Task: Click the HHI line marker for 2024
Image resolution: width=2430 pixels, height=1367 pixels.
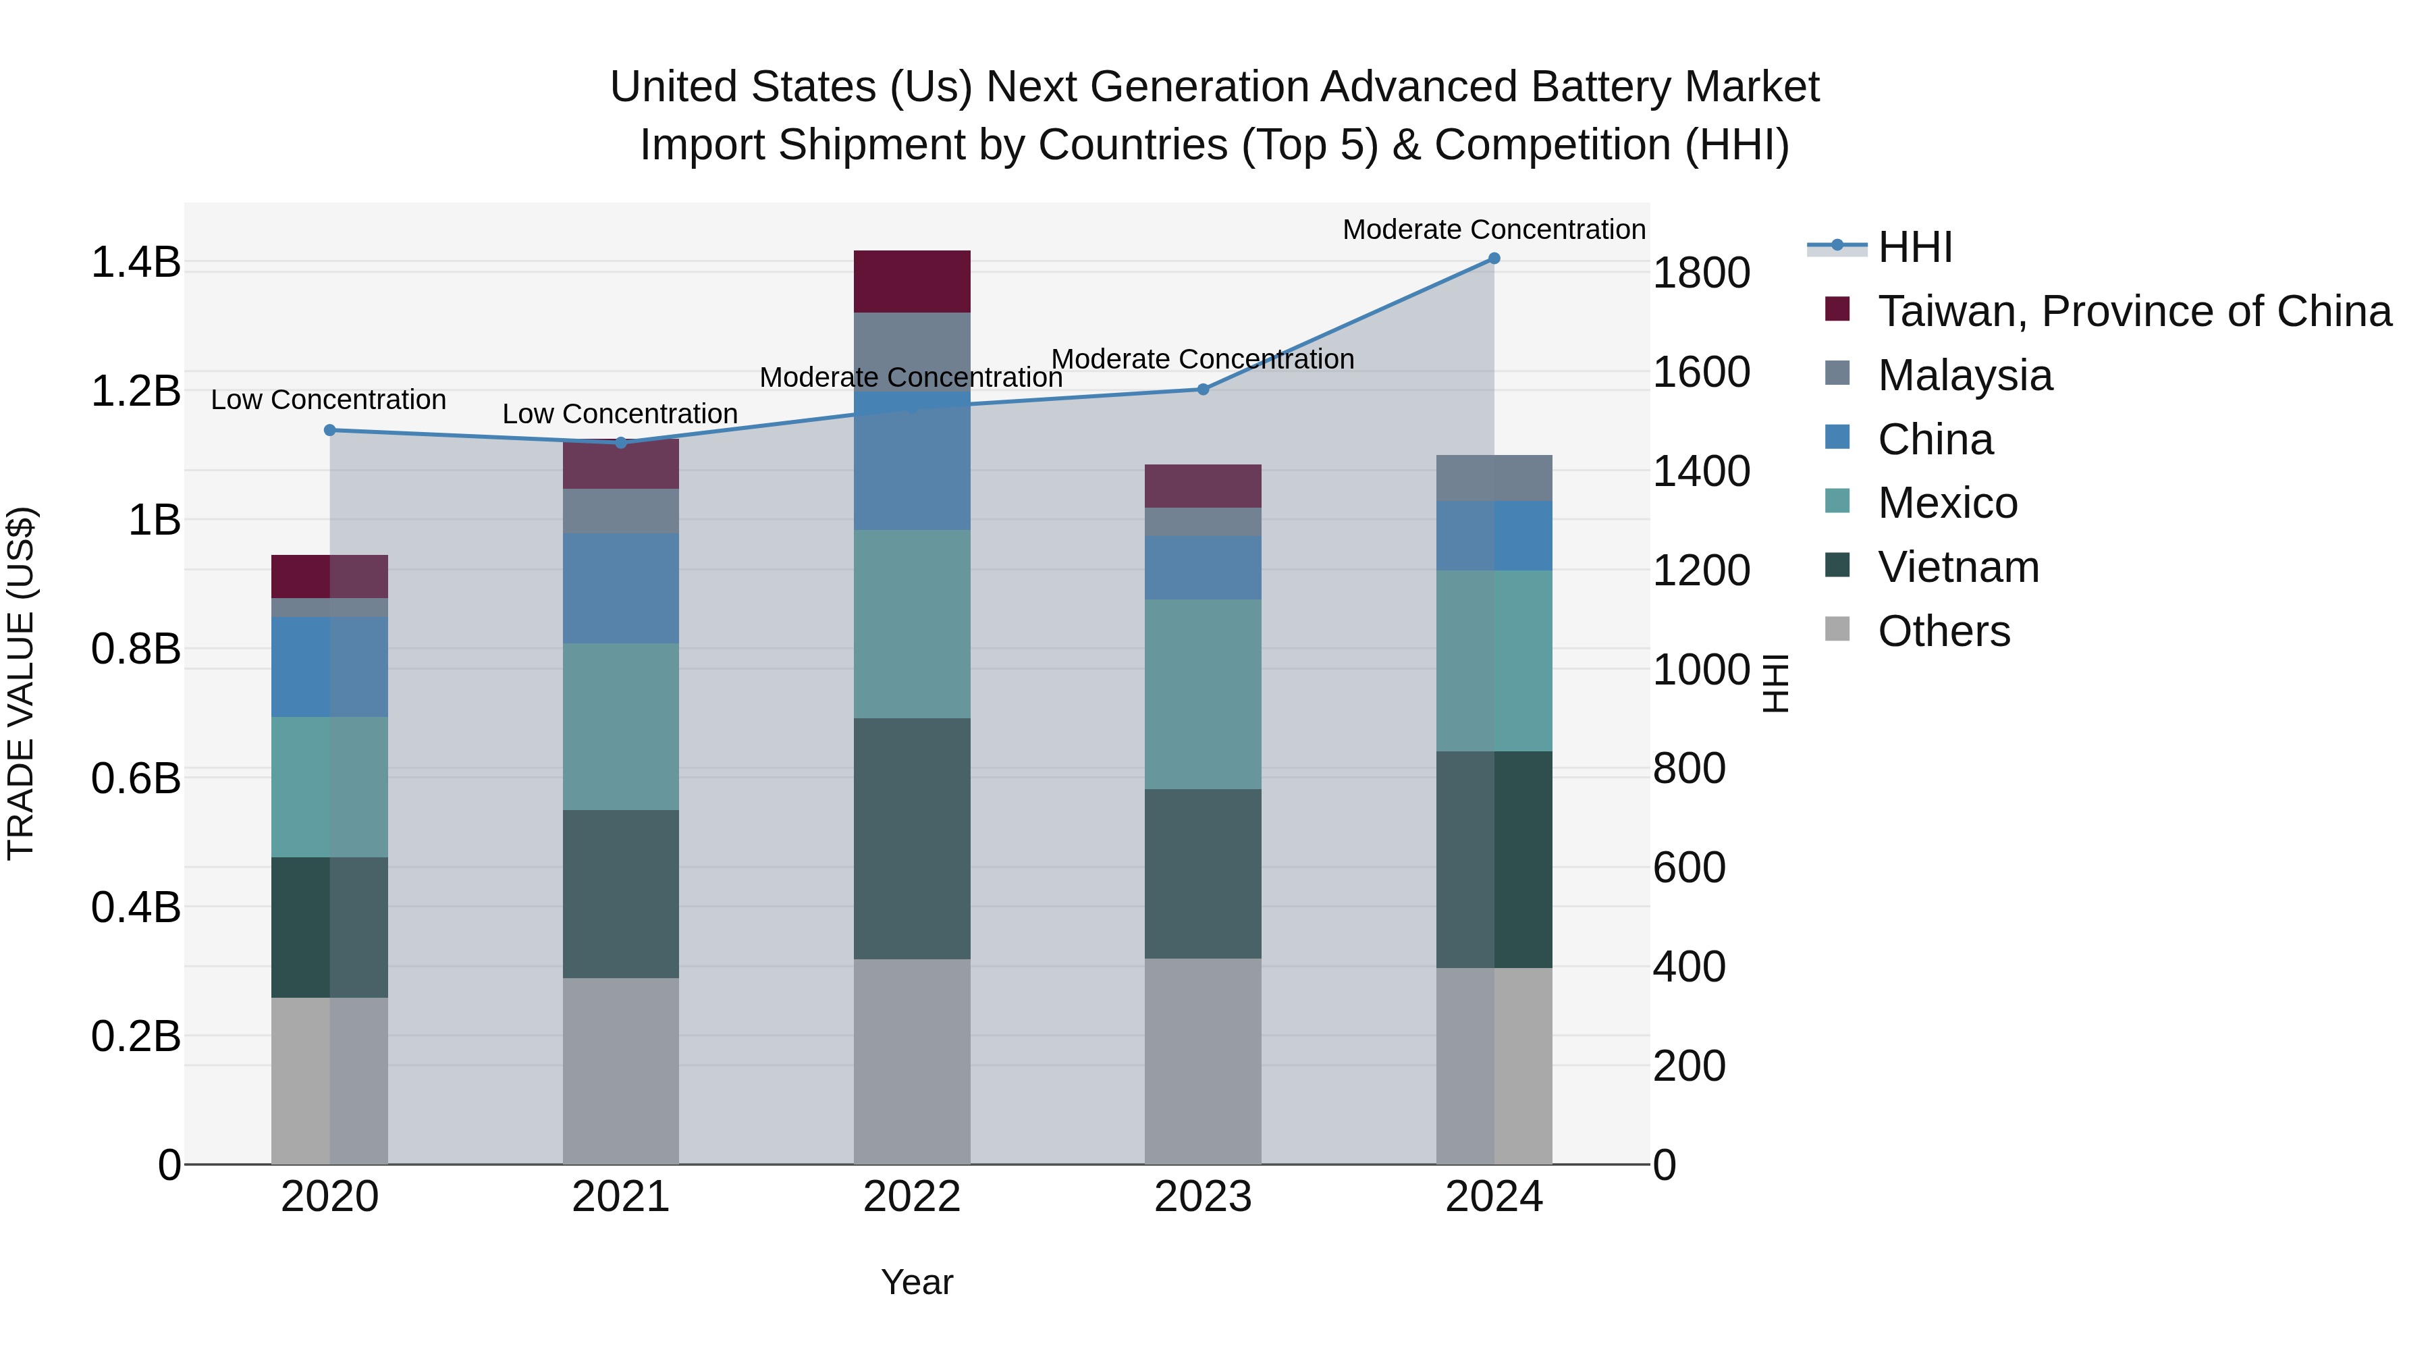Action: [x=1493, y=259]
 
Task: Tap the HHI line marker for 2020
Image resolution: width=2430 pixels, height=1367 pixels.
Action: [x=330, y=430]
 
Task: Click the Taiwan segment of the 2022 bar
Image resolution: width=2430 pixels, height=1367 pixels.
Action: [x=911, y=281]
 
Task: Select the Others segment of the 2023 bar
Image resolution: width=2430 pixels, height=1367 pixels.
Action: [x=1203, y=1061]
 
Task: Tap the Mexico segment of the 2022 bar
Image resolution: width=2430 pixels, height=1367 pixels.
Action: [x=911, y=624]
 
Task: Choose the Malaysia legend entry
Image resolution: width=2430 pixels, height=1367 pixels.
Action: [x=1964, y=375]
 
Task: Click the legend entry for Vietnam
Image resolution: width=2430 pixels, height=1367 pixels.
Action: [x=1958, y=567]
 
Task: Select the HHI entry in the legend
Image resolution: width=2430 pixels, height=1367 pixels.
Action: [x=1914, y=247]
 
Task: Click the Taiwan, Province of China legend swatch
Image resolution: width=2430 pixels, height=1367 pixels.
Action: [x=1837, y=309]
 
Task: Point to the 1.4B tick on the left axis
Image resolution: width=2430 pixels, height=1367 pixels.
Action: [x=136, y=263]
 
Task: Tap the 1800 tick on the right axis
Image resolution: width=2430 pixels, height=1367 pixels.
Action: [x=1701, y=273]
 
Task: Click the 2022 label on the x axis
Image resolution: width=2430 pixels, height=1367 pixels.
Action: [x=911, y=1197]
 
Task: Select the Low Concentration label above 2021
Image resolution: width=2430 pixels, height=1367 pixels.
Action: [x=620, y=414]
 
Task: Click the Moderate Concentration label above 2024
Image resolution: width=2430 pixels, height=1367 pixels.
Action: [x=1493, y=230]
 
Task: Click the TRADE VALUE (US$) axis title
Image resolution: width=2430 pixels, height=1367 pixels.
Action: [x=22, y=683]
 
